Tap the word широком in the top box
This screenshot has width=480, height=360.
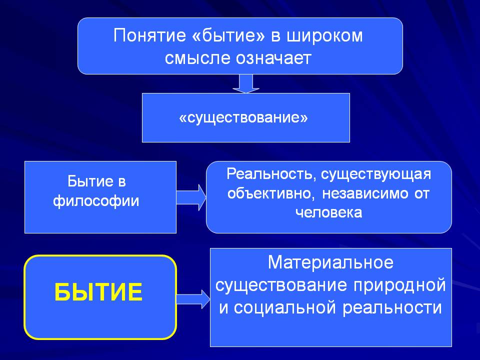[324, 36]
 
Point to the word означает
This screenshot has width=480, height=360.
[273, 58]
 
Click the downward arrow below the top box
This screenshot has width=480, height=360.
[246, 83]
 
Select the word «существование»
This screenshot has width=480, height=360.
[243, 118]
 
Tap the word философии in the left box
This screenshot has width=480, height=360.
[96, 201]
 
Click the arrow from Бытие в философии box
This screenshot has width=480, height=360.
[191, 197]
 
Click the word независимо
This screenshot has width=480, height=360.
[365, 193]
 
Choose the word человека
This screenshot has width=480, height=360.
[329, 212]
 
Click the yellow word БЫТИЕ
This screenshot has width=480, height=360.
[98, 292]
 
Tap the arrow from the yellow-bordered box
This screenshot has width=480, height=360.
[193, 299]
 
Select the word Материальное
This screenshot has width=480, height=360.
[331, 262]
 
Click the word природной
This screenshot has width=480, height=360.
[400, 286]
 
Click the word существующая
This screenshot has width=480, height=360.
[376, 174]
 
